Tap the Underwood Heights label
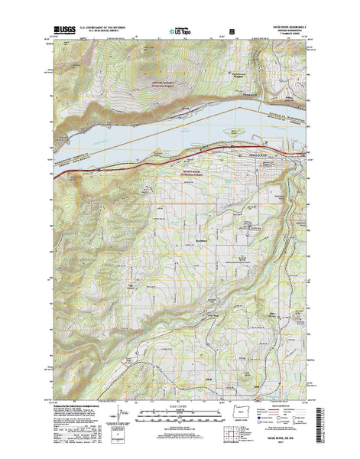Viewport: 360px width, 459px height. click(x=241, y=74)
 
